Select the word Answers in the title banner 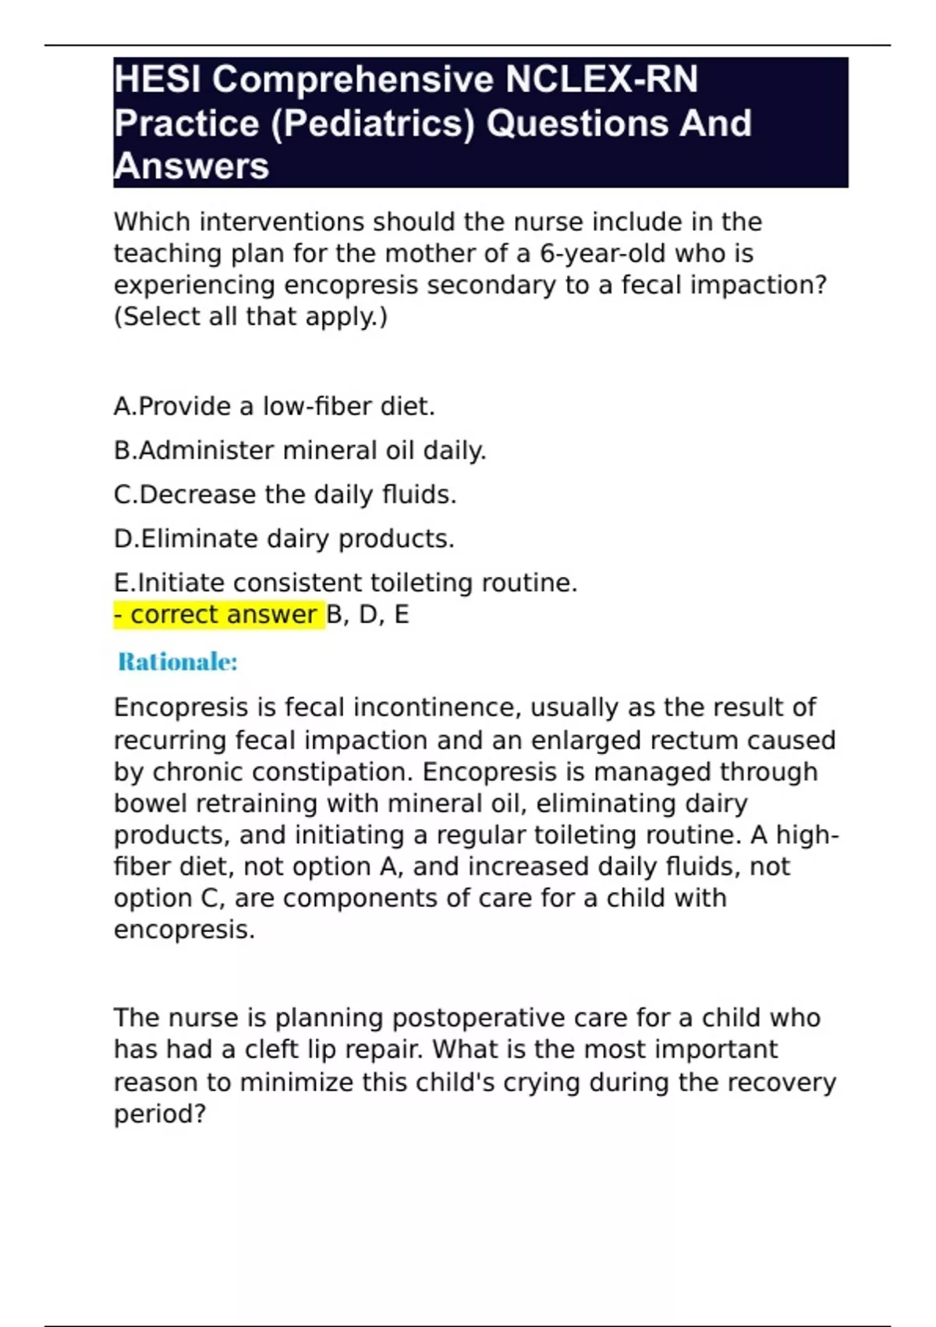[191, 166]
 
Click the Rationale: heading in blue [178, 662]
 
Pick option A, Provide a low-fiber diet [275, 407]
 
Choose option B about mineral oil [300, 450]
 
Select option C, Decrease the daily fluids [285, 495]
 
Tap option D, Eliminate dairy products [284, 539]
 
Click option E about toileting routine [346, 583]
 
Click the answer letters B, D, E [368, 615]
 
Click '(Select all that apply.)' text [250, 317]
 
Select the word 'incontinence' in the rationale [434, 708]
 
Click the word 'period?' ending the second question [160, 1114]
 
